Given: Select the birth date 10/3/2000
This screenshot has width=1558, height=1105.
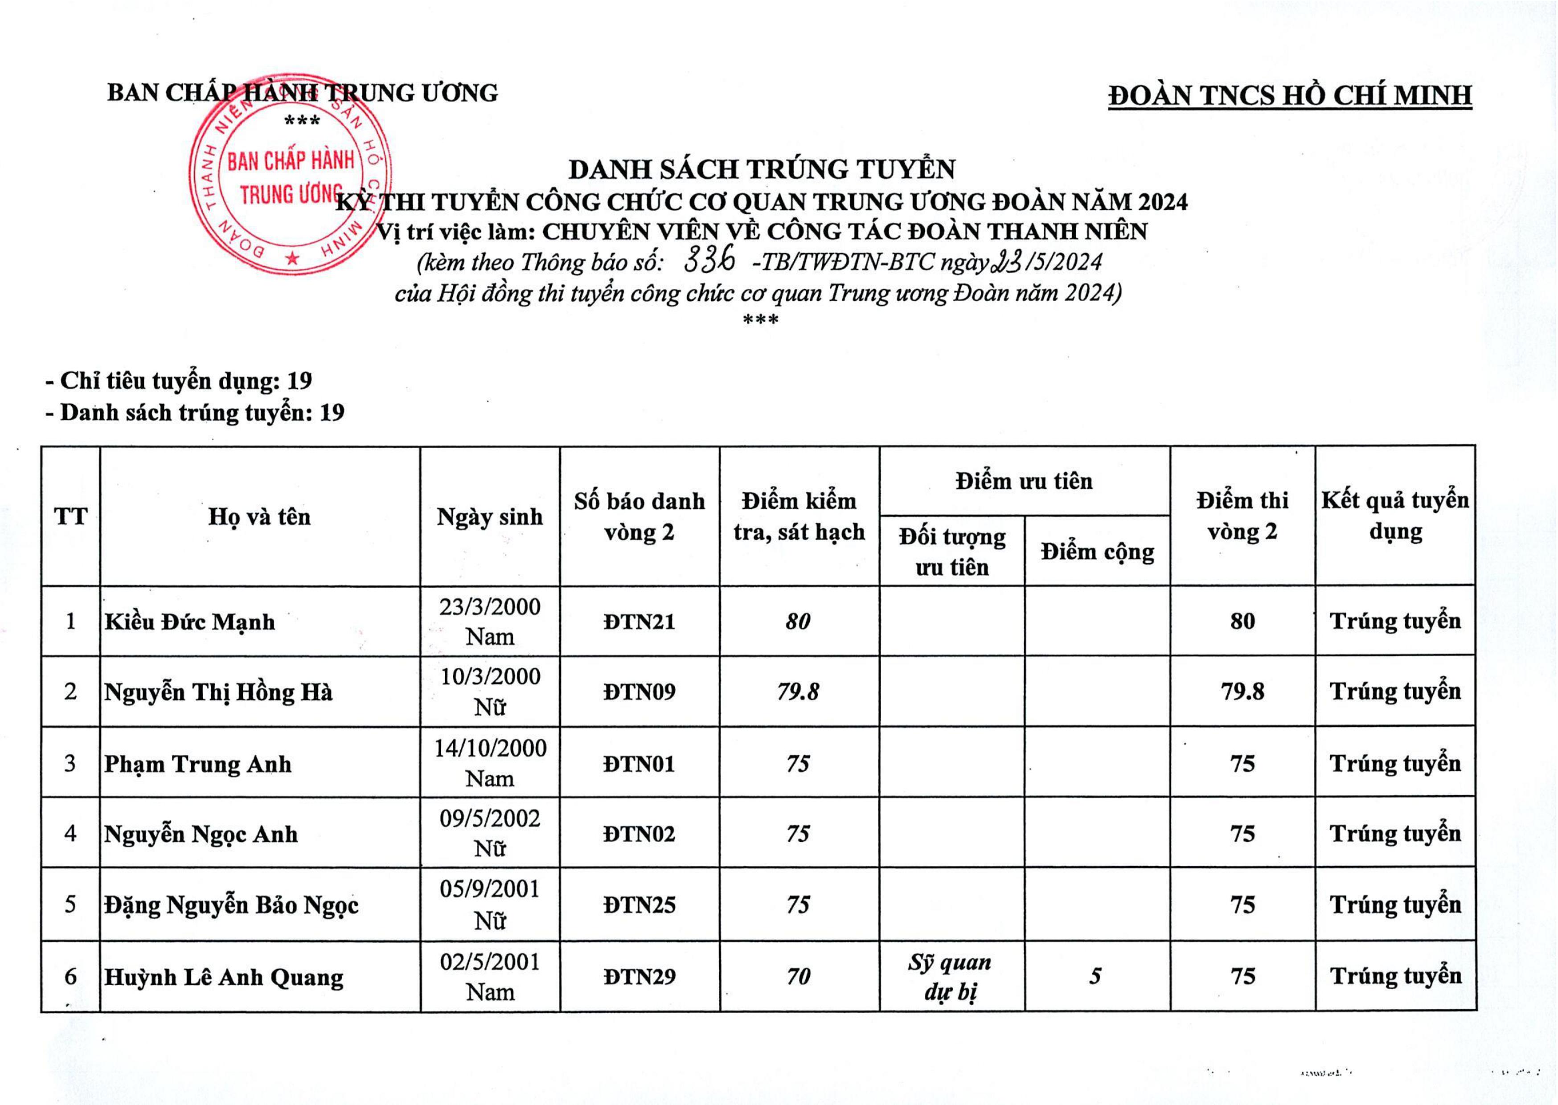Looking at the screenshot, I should tap(490, 677).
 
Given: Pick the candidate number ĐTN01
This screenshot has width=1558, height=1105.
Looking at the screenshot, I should tap(639, 763).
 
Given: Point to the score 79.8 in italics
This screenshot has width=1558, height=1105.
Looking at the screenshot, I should tap(798, 692).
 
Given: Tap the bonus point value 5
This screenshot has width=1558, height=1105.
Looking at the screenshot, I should tap(1095, 976).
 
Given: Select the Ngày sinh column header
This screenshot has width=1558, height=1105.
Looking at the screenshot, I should tap(490, 516).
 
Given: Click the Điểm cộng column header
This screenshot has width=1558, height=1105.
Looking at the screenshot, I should tap(1097, 551).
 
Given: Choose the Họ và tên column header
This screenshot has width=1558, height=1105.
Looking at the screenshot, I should tap(259, 516).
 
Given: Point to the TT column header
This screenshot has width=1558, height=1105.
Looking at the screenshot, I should tap(71, 516).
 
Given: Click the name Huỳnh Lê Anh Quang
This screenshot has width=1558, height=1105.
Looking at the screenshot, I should tap(224, 978).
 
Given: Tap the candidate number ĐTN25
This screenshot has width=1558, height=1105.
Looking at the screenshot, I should tap(639, 905).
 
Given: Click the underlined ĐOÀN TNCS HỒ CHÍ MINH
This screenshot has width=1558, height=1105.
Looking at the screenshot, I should tap(1290, 96).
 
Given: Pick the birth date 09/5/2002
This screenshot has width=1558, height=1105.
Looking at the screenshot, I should tap(490, 819).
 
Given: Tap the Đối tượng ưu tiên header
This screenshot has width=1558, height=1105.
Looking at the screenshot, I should tap(952, 551).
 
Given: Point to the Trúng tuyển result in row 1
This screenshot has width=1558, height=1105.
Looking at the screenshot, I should tap(1395, 621).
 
